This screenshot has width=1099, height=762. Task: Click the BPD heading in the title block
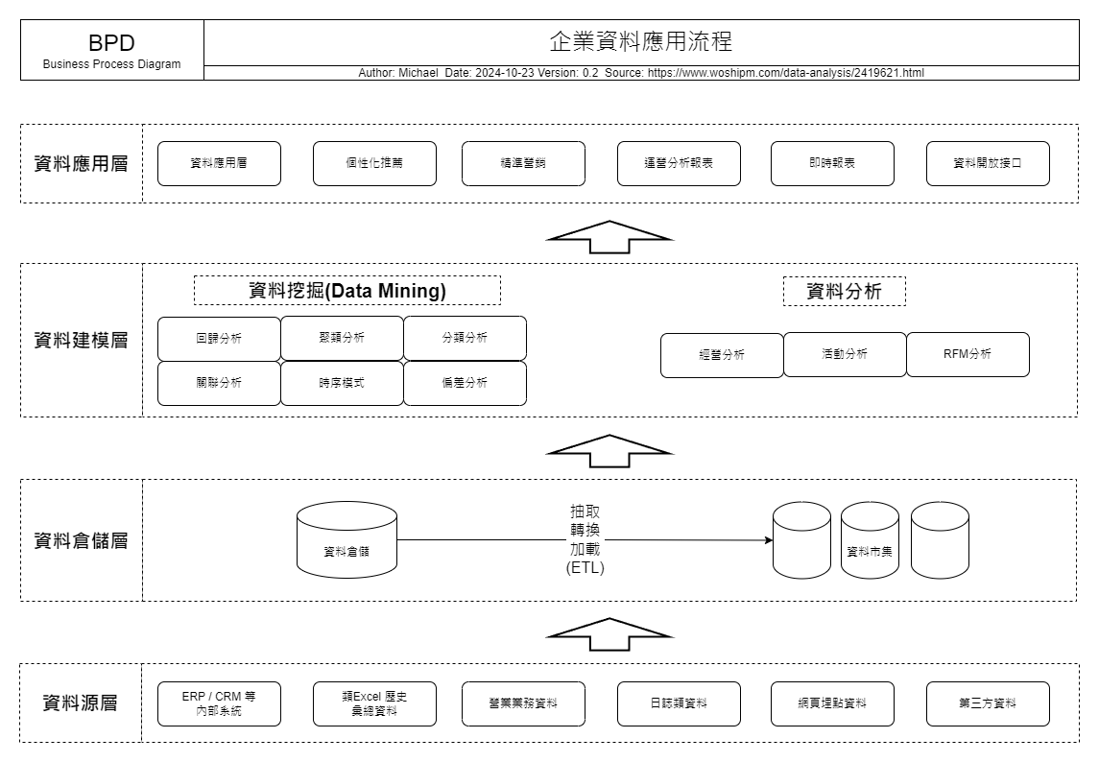111,43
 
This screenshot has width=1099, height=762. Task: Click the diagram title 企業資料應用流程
640,41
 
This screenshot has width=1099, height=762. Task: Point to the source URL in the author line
786,73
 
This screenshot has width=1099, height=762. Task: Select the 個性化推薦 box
374,163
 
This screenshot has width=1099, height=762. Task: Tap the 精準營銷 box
523,163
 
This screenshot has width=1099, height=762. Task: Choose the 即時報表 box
832,163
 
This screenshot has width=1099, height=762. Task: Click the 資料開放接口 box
988,163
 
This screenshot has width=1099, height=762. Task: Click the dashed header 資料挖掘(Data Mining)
346,290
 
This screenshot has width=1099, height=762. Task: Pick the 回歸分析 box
219,339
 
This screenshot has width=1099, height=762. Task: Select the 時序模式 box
342,383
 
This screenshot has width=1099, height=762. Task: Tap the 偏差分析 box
465,383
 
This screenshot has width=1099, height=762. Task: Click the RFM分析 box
968,355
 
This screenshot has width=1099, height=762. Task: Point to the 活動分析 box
845,355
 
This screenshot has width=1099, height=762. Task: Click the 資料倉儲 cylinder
346,539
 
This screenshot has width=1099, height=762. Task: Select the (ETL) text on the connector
585,568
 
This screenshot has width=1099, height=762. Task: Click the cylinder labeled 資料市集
870,539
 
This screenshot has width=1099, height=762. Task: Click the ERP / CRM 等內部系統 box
219,703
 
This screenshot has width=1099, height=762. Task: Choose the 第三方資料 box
988,703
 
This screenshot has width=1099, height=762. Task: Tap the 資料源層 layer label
80,703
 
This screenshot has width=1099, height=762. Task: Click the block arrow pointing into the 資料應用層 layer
609,237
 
